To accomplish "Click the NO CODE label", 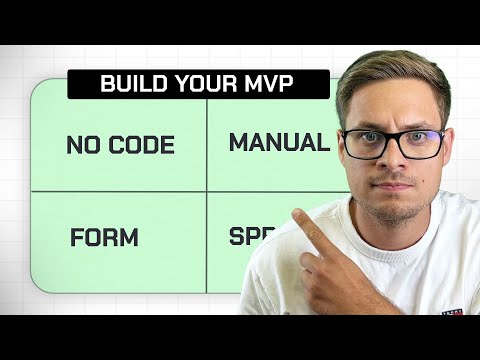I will point(120,145).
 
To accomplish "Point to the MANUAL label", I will point(279,143).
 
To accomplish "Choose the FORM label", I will point(104,239).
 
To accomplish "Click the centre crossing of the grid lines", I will point(207,192).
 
